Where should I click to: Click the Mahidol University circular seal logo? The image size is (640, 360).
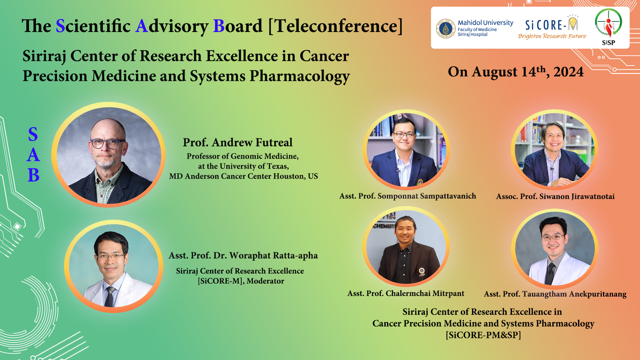446,29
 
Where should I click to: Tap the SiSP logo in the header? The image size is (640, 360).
608,27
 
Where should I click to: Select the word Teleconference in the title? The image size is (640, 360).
336,26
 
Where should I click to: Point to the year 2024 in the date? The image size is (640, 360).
569,72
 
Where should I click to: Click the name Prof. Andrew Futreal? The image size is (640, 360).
238,142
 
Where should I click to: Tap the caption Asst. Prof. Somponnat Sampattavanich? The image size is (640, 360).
408,196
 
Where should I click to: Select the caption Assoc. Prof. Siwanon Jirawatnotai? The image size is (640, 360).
555,196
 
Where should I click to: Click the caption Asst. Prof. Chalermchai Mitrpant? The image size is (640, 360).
406,293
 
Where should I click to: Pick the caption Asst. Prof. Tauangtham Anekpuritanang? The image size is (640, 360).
555,294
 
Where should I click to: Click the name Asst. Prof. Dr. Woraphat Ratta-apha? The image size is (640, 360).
243,256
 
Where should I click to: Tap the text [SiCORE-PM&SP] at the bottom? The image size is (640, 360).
483,335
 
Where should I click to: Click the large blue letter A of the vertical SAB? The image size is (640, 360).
33,155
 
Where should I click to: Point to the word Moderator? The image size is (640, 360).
265,281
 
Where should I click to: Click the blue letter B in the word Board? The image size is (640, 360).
219,26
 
